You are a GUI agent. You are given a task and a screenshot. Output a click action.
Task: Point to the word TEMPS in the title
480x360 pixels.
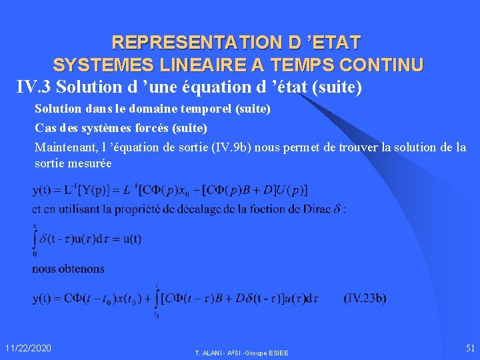[296, 65]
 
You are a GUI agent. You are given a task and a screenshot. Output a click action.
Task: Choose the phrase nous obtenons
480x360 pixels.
[68, 269]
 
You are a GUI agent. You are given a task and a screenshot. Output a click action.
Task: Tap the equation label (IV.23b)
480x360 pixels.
[365, 298]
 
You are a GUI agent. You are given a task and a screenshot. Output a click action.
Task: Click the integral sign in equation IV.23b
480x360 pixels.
[157, 298]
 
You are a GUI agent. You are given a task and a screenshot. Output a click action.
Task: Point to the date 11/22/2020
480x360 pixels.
[28, 348]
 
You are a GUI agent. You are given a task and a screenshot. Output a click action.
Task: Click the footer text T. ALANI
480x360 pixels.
[207, 352]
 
